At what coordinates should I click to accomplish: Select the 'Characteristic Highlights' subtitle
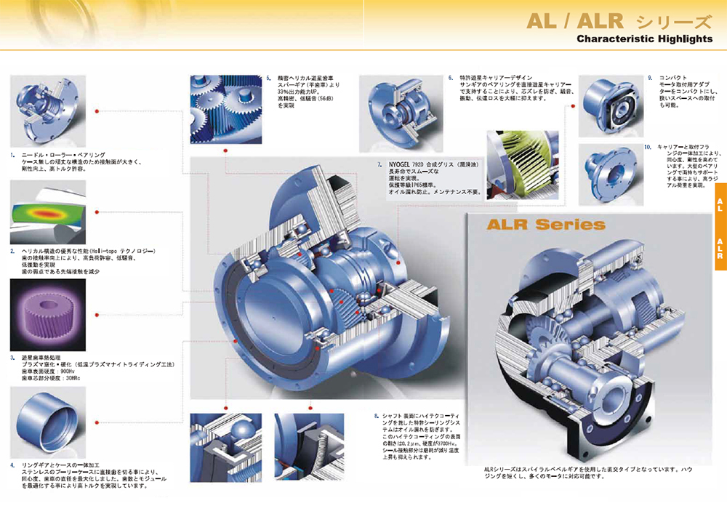tap(644, 39)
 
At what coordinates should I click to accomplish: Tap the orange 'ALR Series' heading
tap(537, 224)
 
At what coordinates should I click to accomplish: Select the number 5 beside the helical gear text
tap(268, 78)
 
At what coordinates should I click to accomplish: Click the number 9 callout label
tap(650, 78)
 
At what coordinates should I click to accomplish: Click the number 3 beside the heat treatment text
tap(12, 358)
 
